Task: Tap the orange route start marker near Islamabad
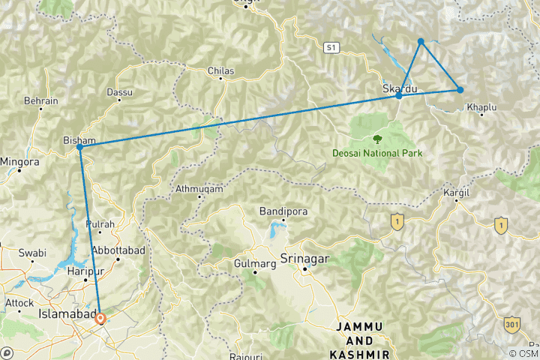(x=100, y=318)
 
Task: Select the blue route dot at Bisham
(x=79, y=147)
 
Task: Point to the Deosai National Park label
(x=378, y=153)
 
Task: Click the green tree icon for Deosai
(x=377, y=139)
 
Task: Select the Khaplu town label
(x=481, y=108)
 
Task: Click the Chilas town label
(x=221, y=71)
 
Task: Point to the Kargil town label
(x=456, y=193)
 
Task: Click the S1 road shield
(x=331, y=47)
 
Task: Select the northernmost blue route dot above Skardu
(x=421, y=41)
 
